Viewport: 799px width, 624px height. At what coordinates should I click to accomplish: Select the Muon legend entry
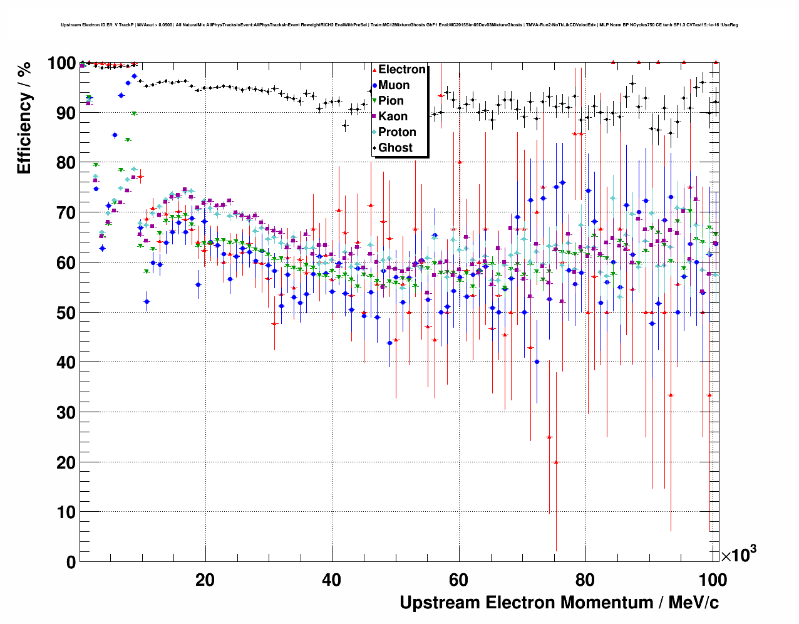(394, 85)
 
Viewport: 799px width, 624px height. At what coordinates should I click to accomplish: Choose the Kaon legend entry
(393, 117)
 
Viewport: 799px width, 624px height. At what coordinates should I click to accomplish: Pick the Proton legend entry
(397, 132)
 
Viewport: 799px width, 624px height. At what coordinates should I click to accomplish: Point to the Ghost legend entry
(395, 148)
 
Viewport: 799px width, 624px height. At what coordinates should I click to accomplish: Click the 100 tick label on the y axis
(62, 63)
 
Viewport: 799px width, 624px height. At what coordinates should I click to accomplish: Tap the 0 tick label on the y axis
(71, 562)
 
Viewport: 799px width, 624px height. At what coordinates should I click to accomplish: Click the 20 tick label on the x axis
(205, 580)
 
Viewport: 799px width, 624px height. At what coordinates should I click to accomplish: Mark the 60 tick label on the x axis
(458, 580)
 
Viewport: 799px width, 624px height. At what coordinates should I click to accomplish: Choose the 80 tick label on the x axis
(585, 580)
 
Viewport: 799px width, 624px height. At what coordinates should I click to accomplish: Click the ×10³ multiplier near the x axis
(738, 554)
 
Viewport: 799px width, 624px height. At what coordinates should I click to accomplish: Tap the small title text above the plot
(399, 25)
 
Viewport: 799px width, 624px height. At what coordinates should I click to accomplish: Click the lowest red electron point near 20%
(555, 462)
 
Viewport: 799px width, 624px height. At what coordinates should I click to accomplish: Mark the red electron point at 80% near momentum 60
(459, 162)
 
